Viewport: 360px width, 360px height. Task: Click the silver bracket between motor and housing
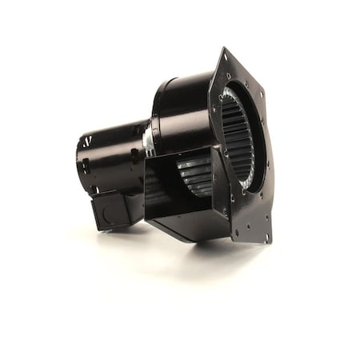tap(149, 138)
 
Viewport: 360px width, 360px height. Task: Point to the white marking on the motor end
tap(86, 142)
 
